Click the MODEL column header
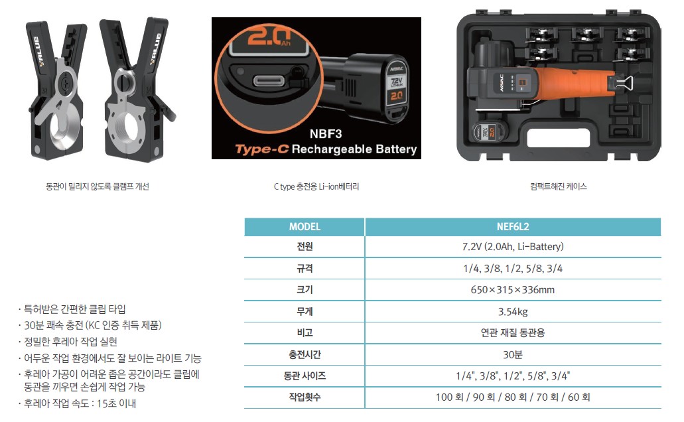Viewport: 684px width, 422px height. click(305, 226)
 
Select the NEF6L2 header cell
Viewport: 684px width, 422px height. click(513, 226)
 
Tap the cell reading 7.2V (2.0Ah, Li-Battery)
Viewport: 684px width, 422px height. click(513, 247)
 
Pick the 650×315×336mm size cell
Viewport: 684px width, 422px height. click(513, 290)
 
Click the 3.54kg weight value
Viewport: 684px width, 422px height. click(513, 312)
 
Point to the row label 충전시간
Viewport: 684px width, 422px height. click(305, 354)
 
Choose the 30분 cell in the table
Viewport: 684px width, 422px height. click(513, 354)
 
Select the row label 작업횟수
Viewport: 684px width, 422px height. click(305, 397)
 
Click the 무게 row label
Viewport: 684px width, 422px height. click(305, 312)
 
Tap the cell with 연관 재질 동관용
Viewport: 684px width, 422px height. click(513, 333)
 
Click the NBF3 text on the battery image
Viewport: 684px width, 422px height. click(326, 134)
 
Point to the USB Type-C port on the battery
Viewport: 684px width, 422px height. click(269, 81)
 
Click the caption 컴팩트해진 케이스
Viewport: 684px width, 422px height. click(559, 186)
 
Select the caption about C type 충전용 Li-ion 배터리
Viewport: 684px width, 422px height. click(316, 186)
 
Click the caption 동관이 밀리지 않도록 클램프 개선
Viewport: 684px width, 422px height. click(98, 186)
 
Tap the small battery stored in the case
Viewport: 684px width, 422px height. click(490, 132)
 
